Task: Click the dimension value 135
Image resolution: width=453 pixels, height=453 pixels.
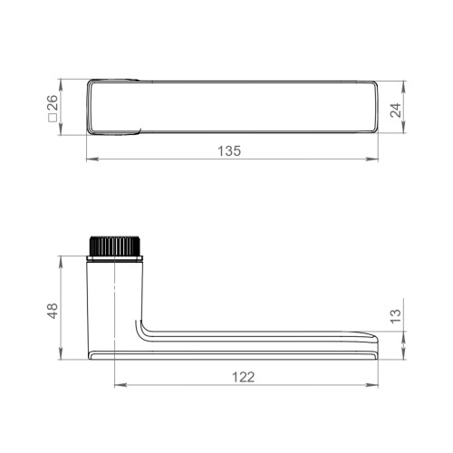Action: click(230, 151)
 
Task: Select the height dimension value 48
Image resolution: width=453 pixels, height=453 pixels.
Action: click(53, 310)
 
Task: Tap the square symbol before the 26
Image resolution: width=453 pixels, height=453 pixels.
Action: click(53, 123)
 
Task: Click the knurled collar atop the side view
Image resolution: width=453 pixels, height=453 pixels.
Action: click(114, 246)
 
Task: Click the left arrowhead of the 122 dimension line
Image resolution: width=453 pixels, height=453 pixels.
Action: click(117, 386)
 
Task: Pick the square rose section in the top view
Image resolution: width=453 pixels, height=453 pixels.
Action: click(115, 108)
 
